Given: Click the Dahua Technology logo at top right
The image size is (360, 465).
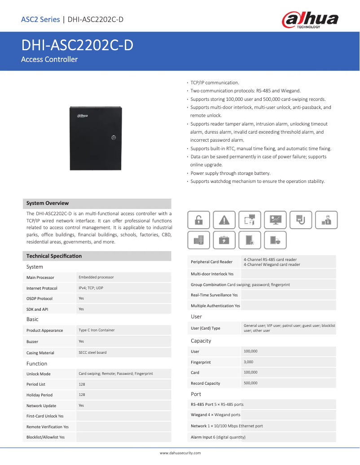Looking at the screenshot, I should [310, 20].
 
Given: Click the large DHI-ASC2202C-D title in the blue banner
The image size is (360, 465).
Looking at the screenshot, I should [77, 46].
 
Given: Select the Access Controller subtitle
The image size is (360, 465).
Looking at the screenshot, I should [49, 59].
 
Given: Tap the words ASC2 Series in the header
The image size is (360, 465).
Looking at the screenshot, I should [40, 19].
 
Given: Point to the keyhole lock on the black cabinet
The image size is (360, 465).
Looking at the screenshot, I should [114, 138].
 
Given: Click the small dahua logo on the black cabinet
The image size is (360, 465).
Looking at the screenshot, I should [82, 116].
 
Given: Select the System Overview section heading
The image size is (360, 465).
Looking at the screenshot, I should [48, 203].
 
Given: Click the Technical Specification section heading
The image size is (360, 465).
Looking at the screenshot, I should [54, 256].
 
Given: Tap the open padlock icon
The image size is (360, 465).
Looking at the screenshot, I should [198, 220].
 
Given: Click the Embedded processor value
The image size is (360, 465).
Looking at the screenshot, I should [96, 277].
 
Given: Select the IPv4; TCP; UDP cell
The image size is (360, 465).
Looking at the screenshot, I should [91, 288].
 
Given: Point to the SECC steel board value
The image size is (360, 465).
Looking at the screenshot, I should [92, 352].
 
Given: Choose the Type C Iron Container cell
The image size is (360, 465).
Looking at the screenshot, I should [97, 330].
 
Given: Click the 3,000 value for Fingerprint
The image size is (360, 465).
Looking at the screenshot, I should [248, 361].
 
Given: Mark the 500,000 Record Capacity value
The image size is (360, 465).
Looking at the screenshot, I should [250, 383].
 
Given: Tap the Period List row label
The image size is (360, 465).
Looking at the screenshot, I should [36, 384].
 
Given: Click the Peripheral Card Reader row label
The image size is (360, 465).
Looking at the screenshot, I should [211, 262].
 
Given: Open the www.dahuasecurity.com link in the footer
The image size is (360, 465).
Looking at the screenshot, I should [180, 453].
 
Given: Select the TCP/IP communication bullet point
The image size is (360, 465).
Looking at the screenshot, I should [215, 83].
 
